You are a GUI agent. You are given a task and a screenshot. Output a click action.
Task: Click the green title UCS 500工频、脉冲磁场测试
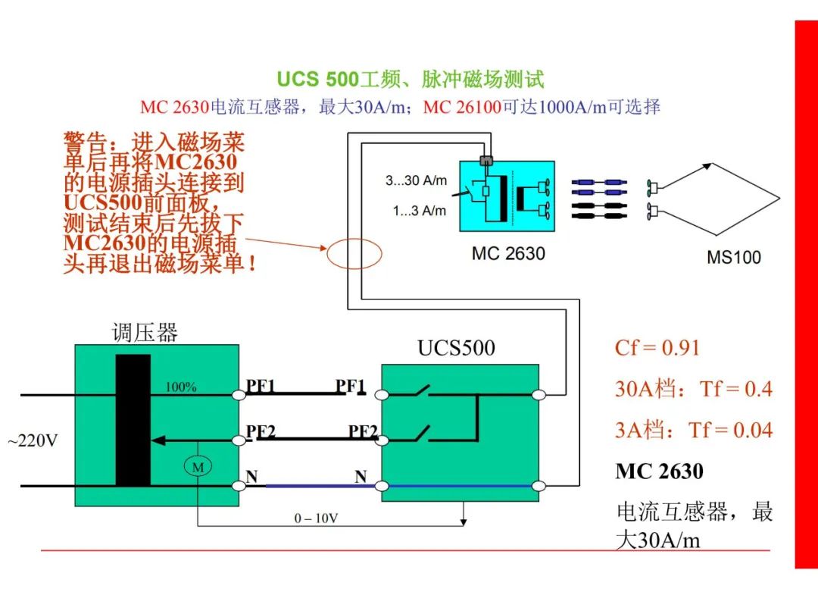pyautogui.click(x=410, y=80)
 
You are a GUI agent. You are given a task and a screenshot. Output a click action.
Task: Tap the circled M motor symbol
pyautogui.click(x=198, y=466)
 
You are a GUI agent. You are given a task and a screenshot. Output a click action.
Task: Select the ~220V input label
pyautogui.click(x=33, y=440)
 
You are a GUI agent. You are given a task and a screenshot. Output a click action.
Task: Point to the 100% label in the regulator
pyautogui.click(x=181, y=387)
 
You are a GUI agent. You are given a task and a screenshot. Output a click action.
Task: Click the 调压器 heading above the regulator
pyautogui.click(x=145, y=333)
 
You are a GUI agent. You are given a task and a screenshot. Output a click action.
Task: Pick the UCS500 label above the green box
pyautogui.click(x=457, y=348)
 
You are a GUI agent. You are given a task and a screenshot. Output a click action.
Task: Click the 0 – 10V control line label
pyautogui.click(x=316, y=518)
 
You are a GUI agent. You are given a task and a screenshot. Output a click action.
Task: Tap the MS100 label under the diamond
pyautogui.click(x=733, y=257)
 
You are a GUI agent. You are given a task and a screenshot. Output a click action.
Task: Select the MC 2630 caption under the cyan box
pyautogui.click(x=508, y=254)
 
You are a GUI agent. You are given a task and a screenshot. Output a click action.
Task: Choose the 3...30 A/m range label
pyautogui.click(x=417, y=180)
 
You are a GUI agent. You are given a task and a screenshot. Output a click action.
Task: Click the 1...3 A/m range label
pyautogui.click(x=420, y=211)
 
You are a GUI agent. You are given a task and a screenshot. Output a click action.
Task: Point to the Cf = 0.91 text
pyautogui.click(x=657, y=348)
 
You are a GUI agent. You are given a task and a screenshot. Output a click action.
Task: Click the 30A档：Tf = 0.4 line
pyautogui.click(x=693, y=389)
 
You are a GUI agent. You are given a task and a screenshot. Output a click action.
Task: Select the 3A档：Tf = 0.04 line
pyautogui.click(x=693, y=431)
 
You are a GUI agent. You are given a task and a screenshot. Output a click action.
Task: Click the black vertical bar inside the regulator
pyautogui.click(x=133, y=420)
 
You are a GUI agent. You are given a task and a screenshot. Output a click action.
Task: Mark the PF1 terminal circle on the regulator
pyautogui.click(x=239, y=395)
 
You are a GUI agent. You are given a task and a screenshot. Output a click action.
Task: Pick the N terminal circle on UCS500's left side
pyautogui.click(x=382, y=487)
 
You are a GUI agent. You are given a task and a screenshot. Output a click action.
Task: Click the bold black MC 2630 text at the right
pyautogui.click(x=660, y=471)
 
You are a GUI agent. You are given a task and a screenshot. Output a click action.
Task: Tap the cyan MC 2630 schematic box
pyautogui.click(x=507, y=196)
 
